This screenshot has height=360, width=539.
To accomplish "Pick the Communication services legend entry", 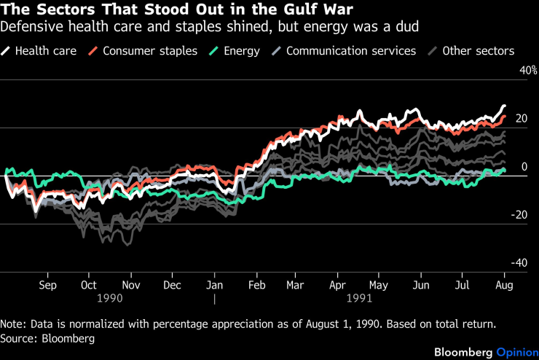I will click(344, 51).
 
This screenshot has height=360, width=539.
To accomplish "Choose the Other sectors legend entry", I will click(474, 51).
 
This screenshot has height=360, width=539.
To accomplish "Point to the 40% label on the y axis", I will click(527, 71).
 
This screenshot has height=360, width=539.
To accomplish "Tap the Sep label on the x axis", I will click(47, 285).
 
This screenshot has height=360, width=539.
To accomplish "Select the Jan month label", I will click(214, 285).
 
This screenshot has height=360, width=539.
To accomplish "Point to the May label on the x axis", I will click(379, 285).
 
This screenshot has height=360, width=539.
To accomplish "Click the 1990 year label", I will click(109, 298).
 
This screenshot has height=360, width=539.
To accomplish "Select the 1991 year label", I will click(360, 298).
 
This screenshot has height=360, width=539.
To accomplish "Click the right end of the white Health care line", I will click(504, 106).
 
